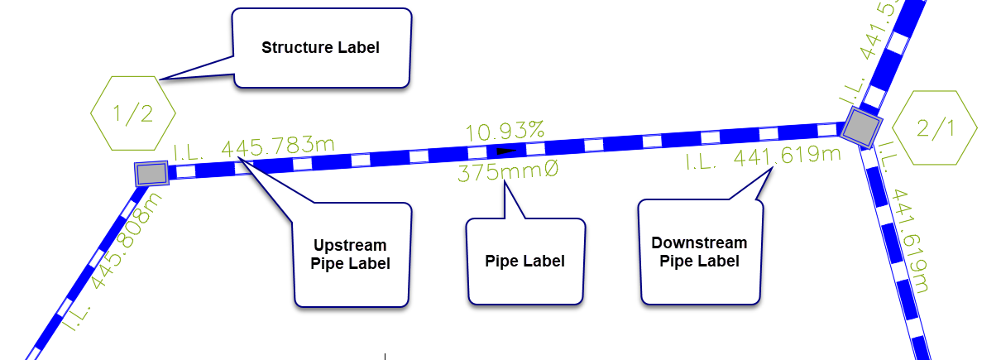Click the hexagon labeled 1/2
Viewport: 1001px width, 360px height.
point(132,113)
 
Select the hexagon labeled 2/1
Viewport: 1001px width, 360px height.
point(936,127)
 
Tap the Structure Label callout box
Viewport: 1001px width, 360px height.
point(321,47)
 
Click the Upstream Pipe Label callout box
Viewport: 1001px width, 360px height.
point(351,255)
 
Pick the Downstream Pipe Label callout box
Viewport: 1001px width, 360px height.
point(700,252)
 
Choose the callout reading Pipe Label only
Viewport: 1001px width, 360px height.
point(525,262)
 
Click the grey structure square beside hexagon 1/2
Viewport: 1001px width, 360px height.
point(152,174)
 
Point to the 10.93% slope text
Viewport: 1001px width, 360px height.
point(505,131)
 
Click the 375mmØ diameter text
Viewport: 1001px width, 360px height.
point(508,172)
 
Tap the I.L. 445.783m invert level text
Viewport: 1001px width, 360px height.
point(254,149)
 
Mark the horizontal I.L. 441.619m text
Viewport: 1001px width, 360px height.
point(763,157)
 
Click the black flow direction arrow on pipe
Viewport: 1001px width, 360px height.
point(505,151)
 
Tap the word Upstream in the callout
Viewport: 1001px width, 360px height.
point(350,246)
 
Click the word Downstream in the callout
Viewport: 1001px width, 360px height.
point(699,242)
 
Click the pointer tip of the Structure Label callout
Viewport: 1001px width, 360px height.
point(160,79)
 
